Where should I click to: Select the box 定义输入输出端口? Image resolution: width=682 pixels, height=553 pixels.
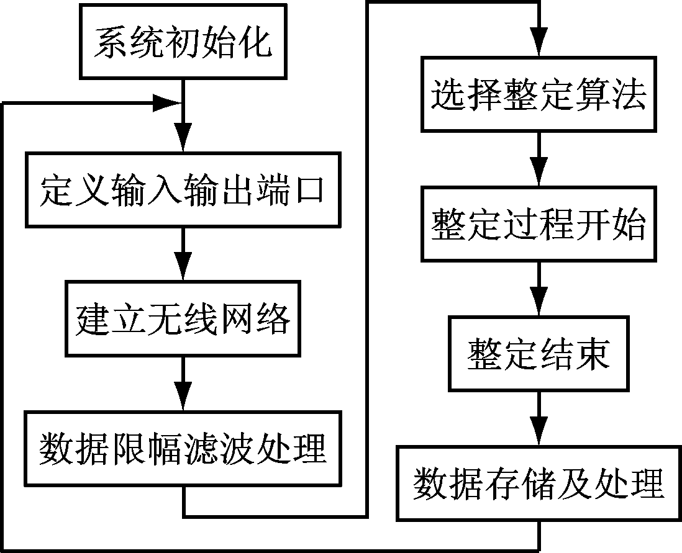[x=183, y=190]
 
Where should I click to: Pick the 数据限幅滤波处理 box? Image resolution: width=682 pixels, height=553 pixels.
[x=183, y=448]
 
